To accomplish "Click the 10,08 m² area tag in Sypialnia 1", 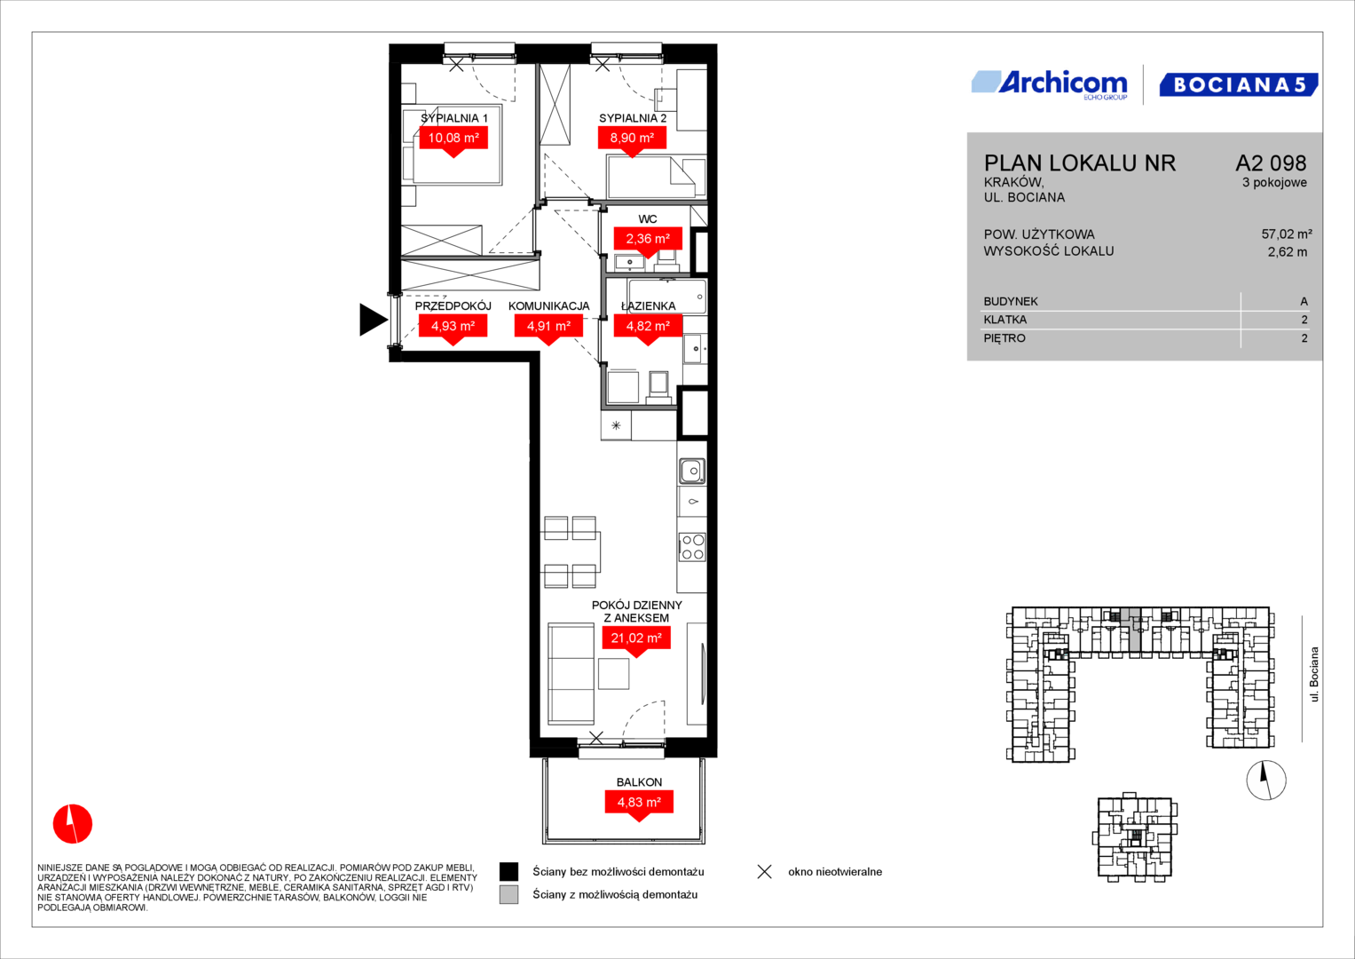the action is coord(453,138).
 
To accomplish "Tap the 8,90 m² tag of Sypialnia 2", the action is coord(632,138).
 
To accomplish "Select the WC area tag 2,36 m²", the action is coord(648,239).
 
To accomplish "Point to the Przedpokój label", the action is coord(453,305).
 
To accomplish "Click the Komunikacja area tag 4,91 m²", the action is coord(548,327).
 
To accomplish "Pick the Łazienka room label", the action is coord(649,305).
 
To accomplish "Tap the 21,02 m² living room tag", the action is coord(636,638).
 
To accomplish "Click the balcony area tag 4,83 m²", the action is coord(640,802).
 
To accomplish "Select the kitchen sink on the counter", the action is coord(692,471).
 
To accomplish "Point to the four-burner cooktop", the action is coord(692,547).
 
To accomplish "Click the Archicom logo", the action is coord(1050,85).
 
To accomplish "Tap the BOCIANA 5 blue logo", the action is coord(1239,84).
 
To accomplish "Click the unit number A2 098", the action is coord(1271,162).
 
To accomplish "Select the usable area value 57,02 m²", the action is coord(1287,234).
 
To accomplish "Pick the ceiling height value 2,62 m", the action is coord(1288,252).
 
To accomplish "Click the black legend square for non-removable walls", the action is coord(508,872).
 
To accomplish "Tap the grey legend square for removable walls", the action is coord(508,895).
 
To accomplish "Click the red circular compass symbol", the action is coord(73,824).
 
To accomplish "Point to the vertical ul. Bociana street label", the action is coord(1313,675).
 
